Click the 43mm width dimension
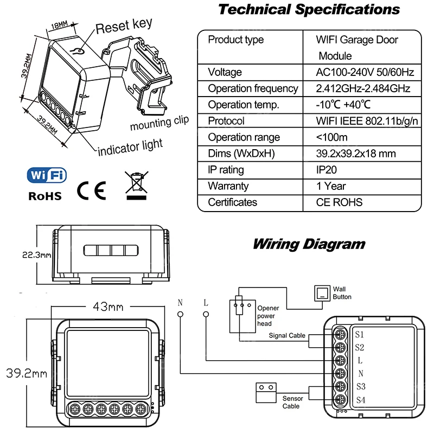coord(108,307)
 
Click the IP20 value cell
coord(329,170)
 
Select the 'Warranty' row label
coord(228,186)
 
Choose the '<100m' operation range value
coord(332,137)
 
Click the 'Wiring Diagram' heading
coord(309,244)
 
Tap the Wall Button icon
coord(322,294)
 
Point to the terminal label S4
coord(360,400)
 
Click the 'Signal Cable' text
coord(287,336)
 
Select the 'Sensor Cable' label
coord(292,402)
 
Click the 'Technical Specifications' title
coord(309,9)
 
